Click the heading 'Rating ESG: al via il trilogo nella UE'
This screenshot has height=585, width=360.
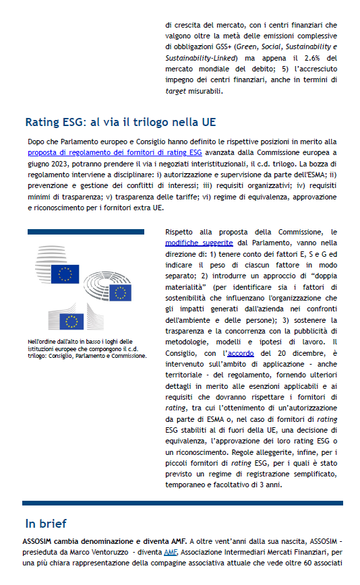point(120,123)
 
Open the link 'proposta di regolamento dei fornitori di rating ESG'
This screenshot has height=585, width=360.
point(107,153)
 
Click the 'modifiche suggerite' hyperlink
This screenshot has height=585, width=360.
point(199,242)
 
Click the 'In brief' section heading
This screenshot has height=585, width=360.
point(46,524)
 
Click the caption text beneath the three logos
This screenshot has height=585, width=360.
point(87,348)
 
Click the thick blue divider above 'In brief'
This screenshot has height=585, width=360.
point(182,503)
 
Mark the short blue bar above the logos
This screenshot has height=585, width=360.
point(86,232)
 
